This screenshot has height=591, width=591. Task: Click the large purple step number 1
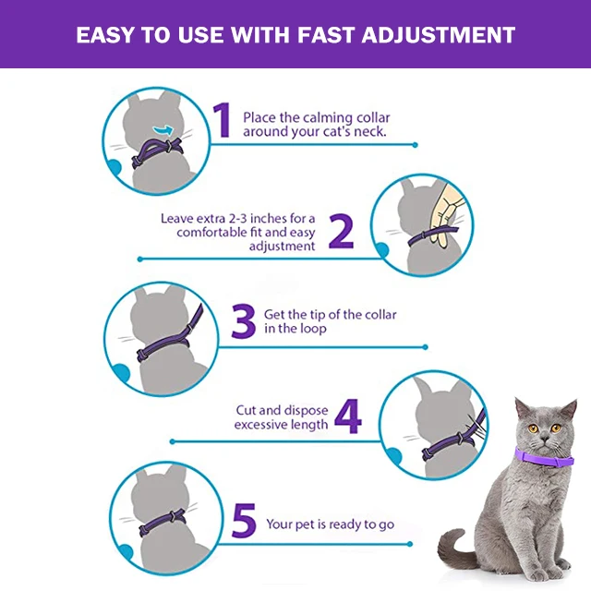pyautogui.click(x=223, y=120)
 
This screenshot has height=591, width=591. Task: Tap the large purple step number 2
pyautogui.click(x=341, y=231)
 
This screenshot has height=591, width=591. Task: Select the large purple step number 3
pyautogui.click(x=244, y=320)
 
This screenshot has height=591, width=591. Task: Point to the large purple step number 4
pyautogui.click(x=348, y=416)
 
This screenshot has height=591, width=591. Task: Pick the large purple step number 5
pyautogui.click(x=244, y=520)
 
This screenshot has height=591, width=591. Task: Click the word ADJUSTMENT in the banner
pyautogui.click(x=439, y=35)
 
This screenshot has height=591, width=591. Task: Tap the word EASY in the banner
pyautogui.click(x=104, y=35)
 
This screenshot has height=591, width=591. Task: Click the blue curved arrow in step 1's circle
pyautogui.click(x=163, y=130)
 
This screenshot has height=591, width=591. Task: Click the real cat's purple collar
pyautogui.click(x=544, y=458)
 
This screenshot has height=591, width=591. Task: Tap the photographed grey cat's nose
pyautogui.click(x=544, y=438)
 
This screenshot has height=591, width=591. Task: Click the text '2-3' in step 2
pyautogui.click(x=238, y=219)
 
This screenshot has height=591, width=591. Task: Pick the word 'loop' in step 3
pyautogui.click(x=314, y=329)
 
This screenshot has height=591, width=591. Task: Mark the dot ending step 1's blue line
pyautogui.click(x=415, y=145)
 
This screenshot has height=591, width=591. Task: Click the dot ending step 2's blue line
pyautogui.click(x=140, y=259)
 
